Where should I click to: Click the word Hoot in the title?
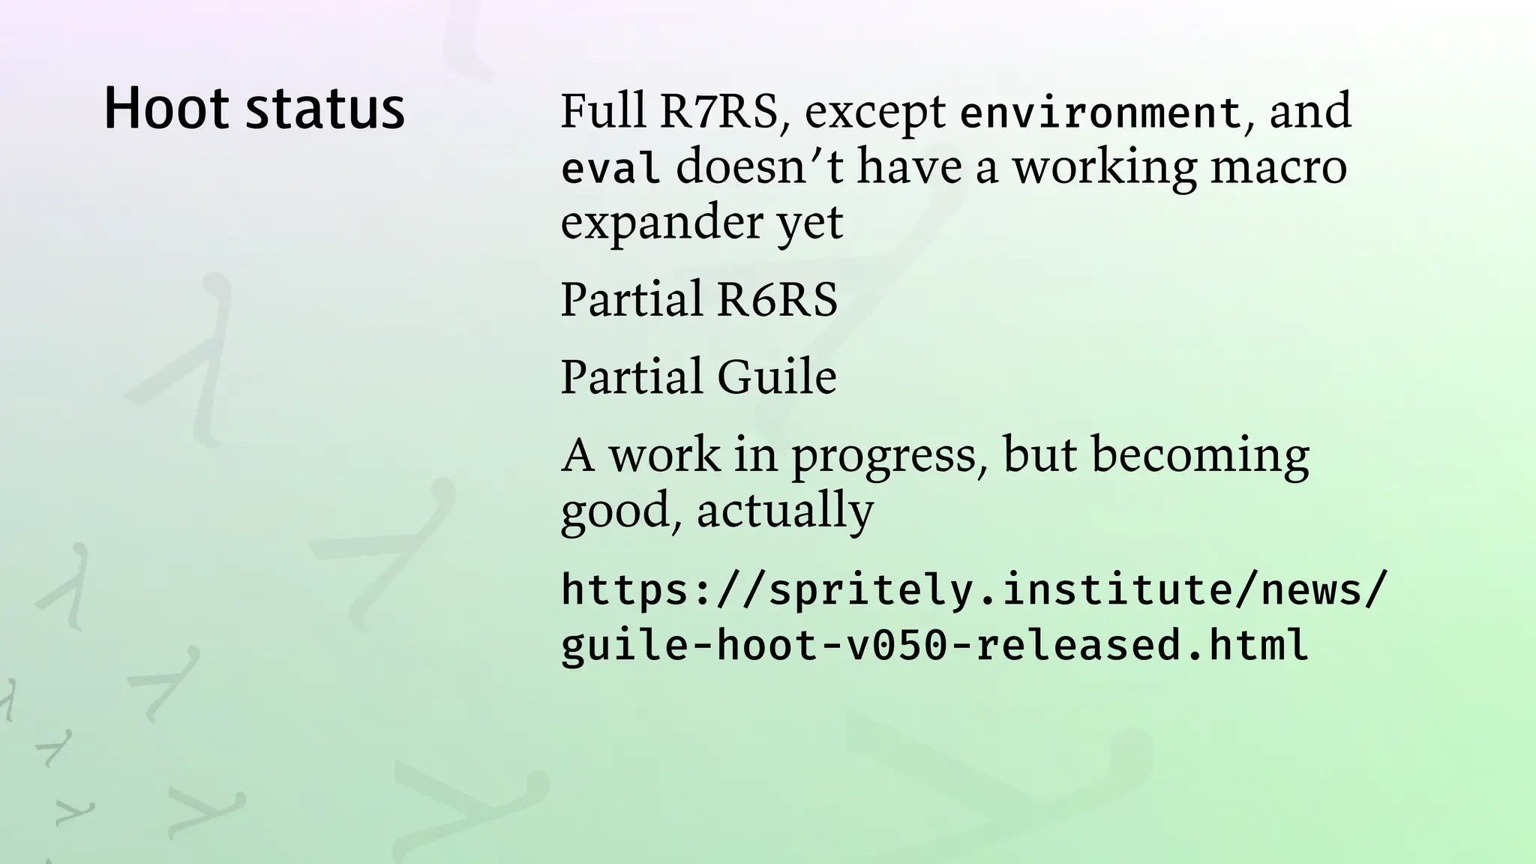pos(166,109)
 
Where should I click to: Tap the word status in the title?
pos(325,110)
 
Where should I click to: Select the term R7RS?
pos(718,111)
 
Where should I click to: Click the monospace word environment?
pos(1101,113)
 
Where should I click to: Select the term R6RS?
pos(776,299)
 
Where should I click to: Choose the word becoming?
pos(1199,457)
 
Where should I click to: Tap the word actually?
pos(784,511)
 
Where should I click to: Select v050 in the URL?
pos(897,645)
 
